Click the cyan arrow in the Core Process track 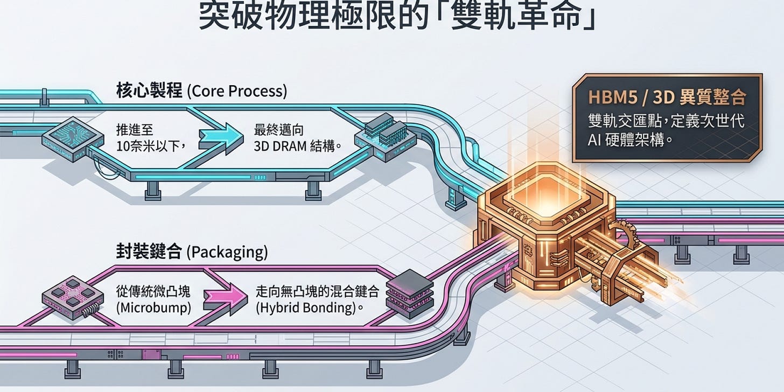pyautogui.click(x=221, y=138)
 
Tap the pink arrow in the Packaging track pyautogui.click(x=226, y=297)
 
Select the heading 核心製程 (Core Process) pyautogui.click(x=201, y=91)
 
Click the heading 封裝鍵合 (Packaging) pyautogui.click(x=192, y=251)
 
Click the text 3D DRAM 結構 pyautogui.click(x=297, y=146)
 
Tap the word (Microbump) pyautogui.click(x=153, y=307)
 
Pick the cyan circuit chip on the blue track pyautogui.click(x=73, y=139)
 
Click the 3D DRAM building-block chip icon pyautogui.click(x=385, y=137)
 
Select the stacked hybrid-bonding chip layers pyautogui.click(x=409, y=294)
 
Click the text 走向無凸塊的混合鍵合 pyautogui.click(x=318, y=291)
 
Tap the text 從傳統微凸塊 pyautogui.click(x=153, y=291)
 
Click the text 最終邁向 pyautogui.click(x=279, y=130)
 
